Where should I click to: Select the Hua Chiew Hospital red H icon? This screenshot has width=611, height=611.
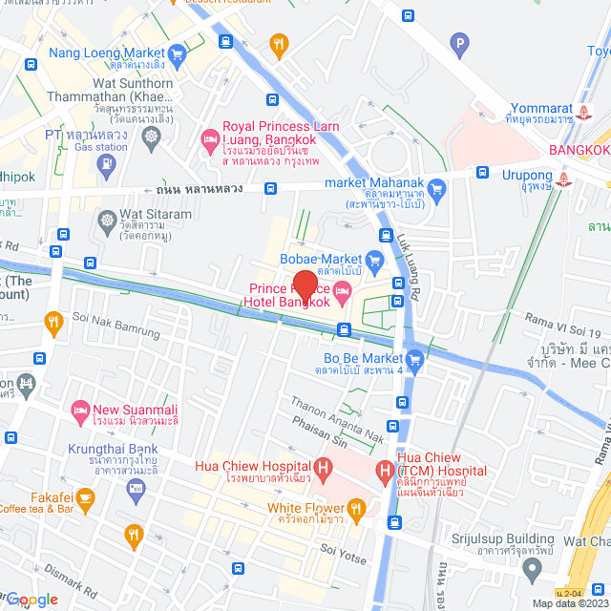click(325, 469)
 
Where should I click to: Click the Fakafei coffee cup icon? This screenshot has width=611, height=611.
click(85, 496)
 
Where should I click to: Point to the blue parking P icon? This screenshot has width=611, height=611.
click(460, 43)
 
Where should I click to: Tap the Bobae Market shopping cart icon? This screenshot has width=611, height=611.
click(375, 259)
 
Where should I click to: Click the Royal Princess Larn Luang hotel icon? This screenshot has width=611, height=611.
click(208, 141)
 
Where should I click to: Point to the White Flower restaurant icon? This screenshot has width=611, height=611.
click(356, 508)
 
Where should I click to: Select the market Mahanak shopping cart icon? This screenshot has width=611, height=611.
click(437, 187)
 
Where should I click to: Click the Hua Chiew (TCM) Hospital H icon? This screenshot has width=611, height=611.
click(385, 471)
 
